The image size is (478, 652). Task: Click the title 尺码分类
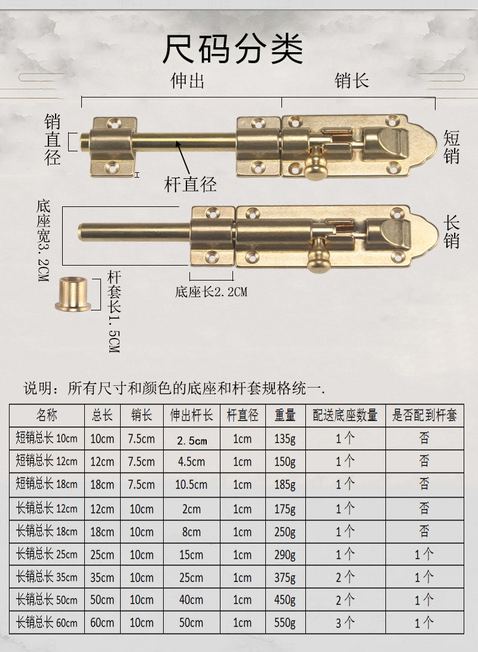coord(232,49)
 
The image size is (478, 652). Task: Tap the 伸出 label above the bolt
coord(187,81)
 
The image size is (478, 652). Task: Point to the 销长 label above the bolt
coord(352,81)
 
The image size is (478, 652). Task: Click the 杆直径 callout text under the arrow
coord(190,184)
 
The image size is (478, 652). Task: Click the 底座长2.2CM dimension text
coord(211,292)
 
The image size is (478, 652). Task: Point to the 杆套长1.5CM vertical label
coord(114,312)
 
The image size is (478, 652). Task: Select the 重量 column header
coord(285,415)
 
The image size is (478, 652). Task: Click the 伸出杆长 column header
coord(191,415)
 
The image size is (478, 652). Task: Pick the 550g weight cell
coord(285,623)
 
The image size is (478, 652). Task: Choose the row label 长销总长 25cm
coord(47,554)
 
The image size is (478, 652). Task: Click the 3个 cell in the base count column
coord(345,623)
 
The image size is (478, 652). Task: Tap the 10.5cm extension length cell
coord(191,485)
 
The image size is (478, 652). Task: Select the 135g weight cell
coord(285,438)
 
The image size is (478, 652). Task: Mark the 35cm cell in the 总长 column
coord(102,577)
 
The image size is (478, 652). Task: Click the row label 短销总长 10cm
coord(47,438)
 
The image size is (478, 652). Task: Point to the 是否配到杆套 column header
coord(424,415)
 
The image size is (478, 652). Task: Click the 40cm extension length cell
coord(191,599)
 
